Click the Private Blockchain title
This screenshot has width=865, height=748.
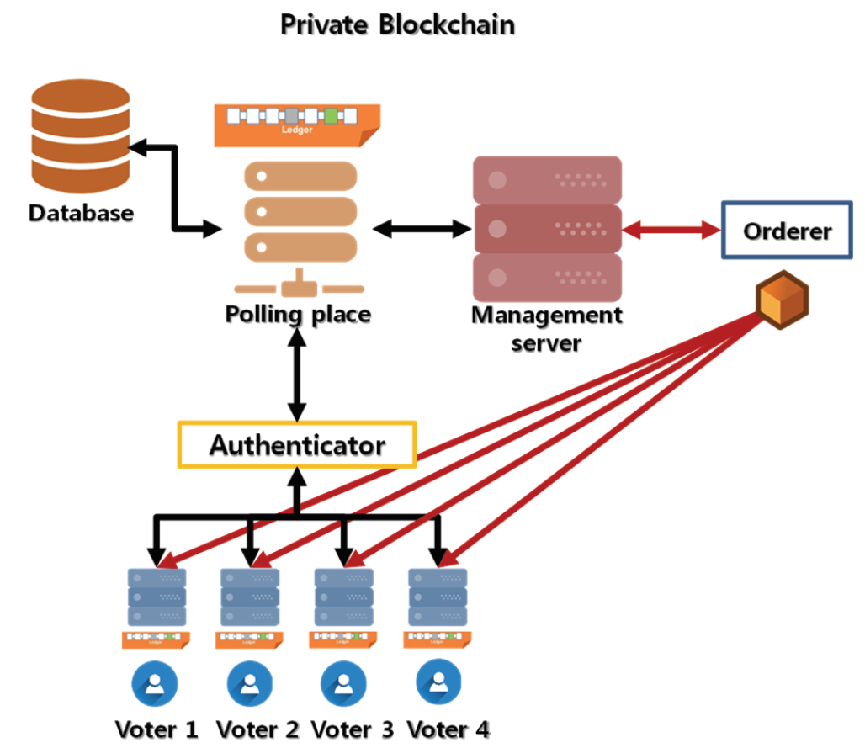(396, 24)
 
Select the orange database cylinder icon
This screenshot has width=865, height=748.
(80, 139)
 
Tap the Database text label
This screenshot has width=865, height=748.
(81, 212)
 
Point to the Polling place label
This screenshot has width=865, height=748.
(298, 315)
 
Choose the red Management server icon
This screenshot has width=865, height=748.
(547, 227)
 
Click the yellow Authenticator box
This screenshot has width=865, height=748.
(297, 444)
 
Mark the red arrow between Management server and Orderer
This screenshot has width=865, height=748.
(671, 228)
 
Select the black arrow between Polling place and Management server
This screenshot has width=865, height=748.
(421, 227)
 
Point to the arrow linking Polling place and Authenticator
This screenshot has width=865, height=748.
(296, 374)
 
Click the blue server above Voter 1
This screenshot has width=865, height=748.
(157, 597)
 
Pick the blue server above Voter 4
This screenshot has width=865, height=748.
(438, 597)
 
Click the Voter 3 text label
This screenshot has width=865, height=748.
(351, 729)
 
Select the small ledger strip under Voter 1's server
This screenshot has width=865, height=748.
(157, 639)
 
